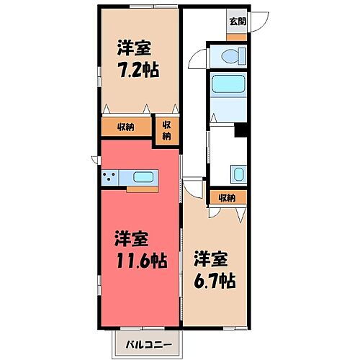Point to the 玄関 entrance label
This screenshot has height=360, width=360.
pyautogui.click(x=236, y=21)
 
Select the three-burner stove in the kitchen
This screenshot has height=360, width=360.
pyautogui.click(x=112, y=177)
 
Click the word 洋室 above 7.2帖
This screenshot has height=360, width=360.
pyautogui.click(x=135, y=48)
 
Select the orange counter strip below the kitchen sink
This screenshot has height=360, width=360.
pyautogui.click(x=142, y=189)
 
